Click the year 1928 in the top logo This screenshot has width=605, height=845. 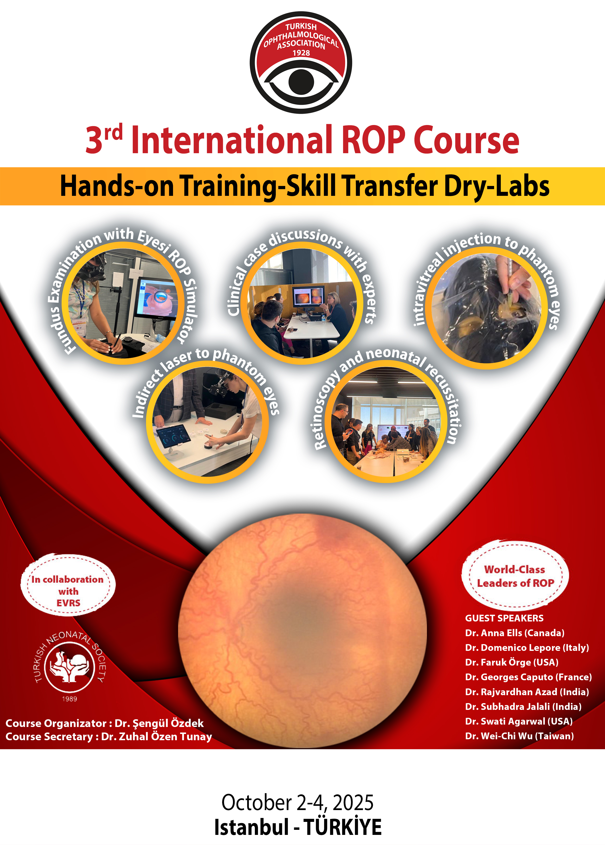pos(301,53)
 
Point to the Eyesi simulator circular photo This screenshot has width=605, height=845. pos(123,303)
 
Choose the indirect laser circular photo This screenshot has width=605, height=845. pos(207,422)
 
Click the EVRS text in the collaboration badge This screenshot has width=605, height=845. pos(69,603)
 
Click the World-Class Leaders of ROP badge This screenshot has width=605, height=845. pos(515,576)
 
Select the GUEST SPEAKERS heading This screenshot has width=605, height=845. pos(504,618)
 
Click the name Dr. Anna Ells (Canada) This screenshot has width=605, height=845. pos(515,633)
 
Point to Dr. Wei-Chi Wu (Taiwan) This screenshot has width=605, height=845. pos(519,736)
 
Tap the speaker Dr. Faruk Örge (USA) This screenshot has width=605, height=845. pos(512,662)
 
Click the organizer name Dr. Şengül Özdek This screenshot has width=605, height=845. pos(159,724)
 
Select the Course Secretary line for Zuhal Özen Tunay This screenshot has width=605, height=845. pos(109,737)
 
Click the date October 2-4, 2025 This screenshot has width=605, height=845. pos(297,803)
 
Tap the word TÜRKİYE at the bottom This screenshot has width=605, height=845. pos(342,827)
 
